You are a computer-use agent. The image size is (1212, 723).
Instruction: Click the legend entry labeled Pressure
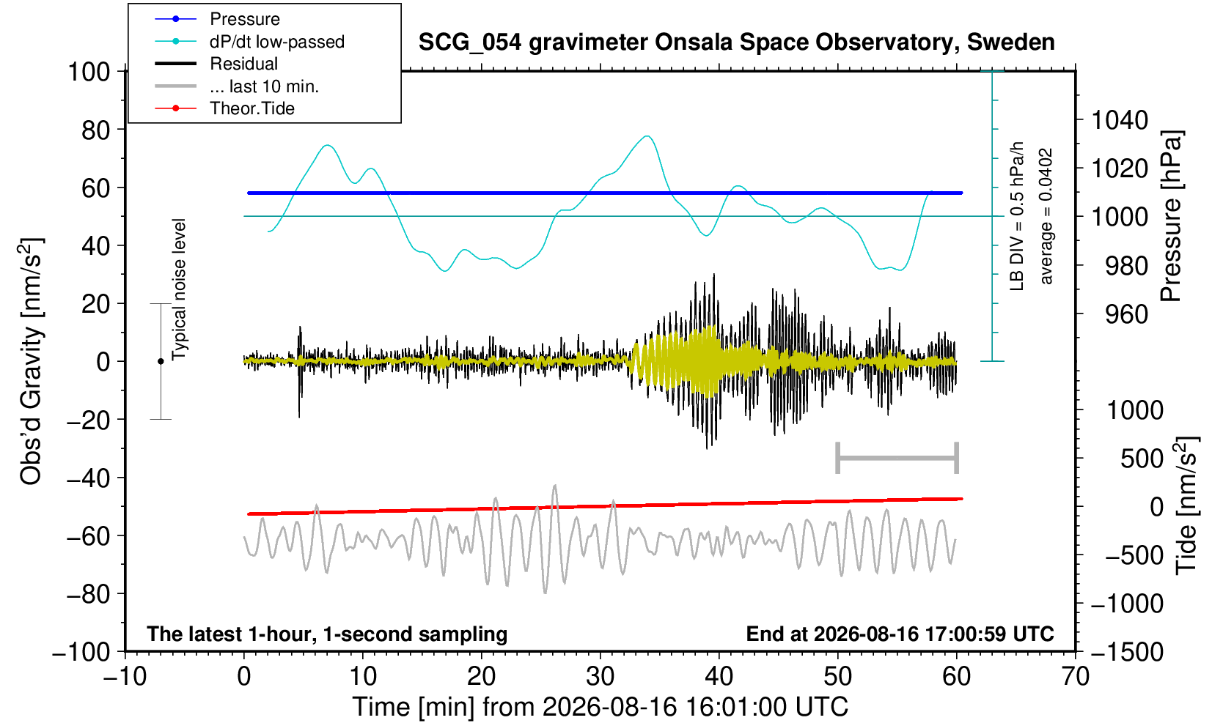[x=245, y=20]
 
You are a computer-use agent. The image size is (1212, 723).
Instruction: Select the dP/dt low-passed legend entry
[x=277, y=42]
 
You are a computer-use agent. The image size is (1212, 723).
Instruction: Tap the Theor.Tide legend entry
[x=252, y=108]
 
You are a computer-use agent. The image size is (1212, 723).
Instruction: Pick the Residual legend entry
[x=243, y=64]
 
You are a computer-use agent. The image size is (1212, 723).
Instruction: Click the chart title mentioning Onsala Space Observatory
[x=736, y=42]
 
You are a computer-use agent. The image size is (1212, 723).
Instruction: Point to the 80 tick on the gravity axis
[x=96, y=130]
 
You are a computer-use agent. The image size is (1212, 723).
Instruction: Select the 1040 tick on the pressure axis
[x=1120, y=120]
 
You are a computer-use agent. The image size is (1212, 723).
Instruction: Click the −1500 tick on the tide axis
[x=1126, y=652]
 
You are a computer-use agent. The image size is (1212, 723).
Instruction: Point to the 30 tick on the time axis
[x=600, y=677]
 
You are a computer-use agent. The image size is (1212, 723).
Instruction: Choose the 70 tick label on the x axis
[x=1075, y=677]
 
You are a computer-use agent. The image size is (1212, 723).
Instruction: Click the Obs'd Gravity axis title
[x=30, y=361]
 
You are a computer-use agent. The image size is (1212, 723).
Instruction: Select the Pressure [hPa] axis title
[x=1171, y=216]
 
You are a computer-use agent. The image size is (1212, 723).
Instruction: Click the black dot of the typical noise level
[x=161, y=361]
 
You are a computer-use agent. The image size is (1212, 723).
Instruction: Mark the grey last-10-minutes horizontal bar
[x=897, y=458]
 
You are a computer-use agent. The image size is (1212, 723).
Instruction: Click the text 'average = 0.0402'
[x=1046, y=216]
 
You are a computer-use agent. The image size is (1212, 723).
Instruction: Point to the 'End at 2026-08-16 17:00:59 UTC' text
[x=900, y=634]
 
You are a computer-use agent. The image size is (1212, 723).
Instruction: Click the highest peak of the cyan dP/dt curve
[x=647, y=136]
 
